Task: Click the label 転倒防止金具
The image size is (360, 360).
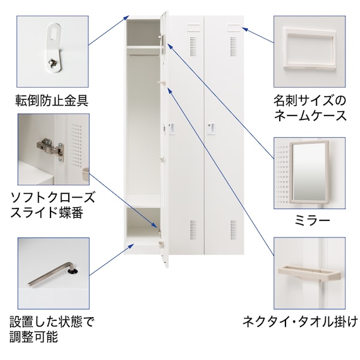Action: pyautogui.click(x=52, y=100)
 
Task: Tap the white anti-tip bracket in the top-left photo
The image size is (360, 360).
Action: pyautogui.click(x=54, y=48)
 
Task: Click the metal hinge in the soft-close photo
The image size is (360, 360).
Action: pyautogui.click(x=51, y=148)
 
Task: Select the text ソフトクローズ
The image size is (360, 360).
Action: pyautogui.click(x=52, y=198)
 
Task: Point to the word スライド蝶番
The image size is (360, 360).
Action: pyautogui.click(x=47, y=212)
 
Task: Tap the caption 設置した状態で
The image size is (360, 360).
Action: pyautogui.click(x=52, y=321)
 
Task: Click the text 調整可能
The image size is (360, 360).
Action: pyautogui.click(x=33, y=337)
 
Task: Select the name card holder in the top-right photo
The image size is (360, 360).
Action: pyautogui.click(x=309, y=48)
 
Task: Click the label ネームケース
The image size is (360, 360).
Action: pyautogui.click(x=310, y=115)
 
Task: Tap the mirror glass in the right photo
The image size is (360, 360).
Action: pyautogui.click(x=309, y=172)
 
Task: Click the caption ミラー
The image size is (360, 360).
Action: pyautogui.click(x=312, y=220)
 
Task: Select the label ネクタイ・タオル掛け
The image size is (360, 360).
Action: pyautogui.click(x=300, y=321)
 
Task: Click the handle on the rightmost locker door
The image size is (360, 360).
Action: pyautogui.click(x=212, y=129)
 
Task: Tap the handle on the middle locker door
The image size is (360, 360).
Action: pyautogui.click(x=171, y=129)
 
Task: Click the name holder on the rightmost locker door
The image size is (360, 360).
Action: pyautogui.click(x=234, y=28)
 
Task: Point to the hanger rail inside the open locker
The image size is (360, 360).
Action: pyautogui.click(x=144, y=55)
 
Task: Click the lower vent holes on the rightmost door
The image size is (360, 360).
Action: pyautogui.click(x=233, y=230)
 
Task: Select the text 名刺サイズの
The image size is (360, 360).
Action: pyautogui.click(x=309, y=100)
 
